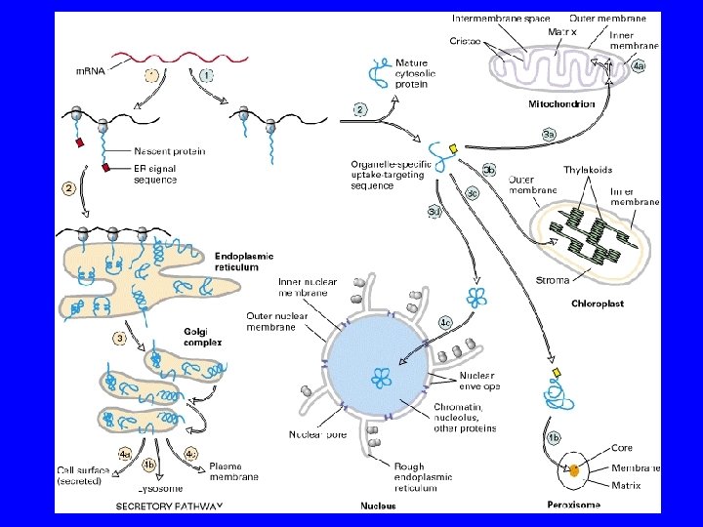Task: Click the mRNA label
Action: (x=92, y=69)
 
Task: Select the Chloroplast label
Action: (x=597, y=304)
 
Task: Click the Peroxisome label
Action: (x=573, y=505)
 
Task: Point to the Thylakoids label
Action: (x=588, y=170)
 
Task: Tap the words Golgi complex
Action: (x=204, y=337)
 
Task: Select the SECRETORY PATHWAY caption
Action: (x=170, y=506)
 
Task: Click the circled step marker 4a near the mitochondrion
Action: (x=638, y=66)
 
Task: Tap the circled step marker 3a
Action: (x=549, y=134)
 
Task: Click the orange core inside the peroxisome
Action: (x=575, y=470)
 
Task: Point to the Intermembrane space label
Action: (x=501, y=18)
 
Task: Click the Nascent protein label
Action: (x=170, y=151)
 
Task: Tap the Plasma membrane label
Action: (x=233, y=471)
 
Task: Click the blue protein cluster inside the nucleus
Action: (x=380, y=378)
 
